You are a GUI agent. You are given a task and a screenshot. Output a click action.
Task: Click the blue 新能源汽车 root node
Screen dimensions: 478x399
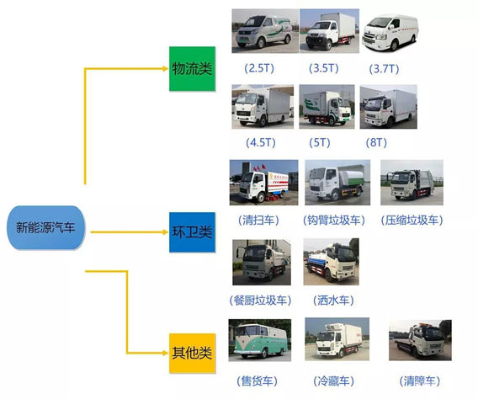coord(45,227)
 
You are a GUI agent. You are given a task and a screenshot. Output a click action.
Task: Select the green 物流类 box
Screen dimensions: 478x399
coord(193,68)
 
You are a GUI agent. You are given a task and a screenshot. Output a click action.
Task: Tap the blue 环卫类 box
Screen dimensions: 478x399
coord(193,232)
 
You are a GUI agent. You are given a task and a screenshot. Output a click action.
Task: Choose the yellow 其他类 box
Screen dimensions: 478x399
coord(193,353)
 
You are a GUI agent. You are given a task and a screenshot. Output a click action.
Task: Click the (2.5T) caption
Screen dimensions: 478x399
coord(259,68)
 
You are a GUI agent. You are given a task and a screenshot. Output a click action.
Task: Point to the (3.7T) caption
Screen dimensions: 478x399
coord(384,68)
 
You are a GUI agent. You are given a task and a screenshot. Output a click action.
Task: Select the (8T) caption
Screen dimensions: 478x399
coord(376,142)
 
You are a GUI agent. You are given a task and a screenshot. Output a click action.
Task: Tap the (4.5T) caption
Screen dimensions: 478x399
coord(261,142)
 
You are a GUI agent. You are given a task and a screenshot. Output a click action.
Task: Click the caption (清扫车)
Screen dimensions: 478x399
coord(258,220)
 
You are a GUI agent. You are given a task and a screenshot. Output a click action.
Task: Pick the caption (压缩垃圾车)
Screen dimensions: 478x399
coord(412,220)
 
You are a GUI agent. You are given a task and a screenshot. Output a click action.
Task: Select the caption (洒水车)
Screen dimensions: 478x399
coord(333,301)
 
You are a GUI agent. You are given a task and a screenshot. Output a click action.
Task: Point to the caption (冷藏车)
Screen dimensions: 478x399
coord(333,380)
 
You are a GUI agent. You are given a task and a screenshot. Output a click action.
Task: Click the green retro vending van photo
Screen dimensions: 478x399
coord(260,340)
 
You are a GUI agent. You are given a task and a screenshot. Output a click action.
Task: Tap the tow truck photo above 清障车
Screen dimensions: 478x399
coord(420,340)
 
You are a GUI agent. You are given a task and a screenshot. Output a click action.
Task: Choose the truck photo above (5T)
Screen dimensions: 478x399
coord(327,107)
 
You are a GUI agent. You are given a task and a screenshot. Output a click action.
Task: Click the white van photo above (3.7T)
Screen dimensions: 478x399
coord(390,31)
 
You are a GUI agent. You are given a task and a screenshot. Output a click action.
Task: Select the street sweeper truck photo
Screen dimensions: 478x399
coord(263,183)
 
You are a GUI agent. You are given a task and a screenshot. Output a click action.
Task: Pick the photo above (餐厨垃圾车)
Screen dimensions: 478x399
coord(262,262)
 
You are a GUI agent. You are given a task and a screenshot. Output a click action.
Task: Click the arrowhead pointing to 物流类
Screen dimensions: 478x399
coord(166,68)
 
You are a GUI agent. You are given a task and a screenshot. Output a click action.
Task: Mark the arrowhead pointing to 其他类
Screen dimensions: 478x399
coord(166,353)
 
